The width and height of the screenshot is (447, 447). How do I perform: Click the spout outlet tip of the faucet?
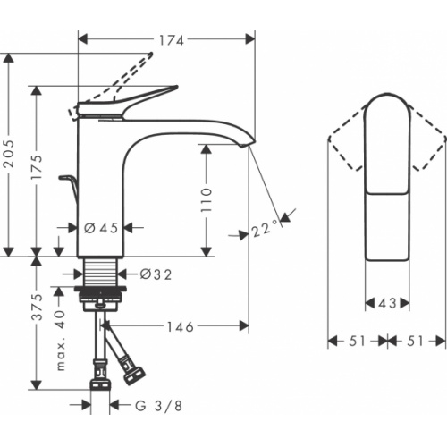(246, 143)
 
